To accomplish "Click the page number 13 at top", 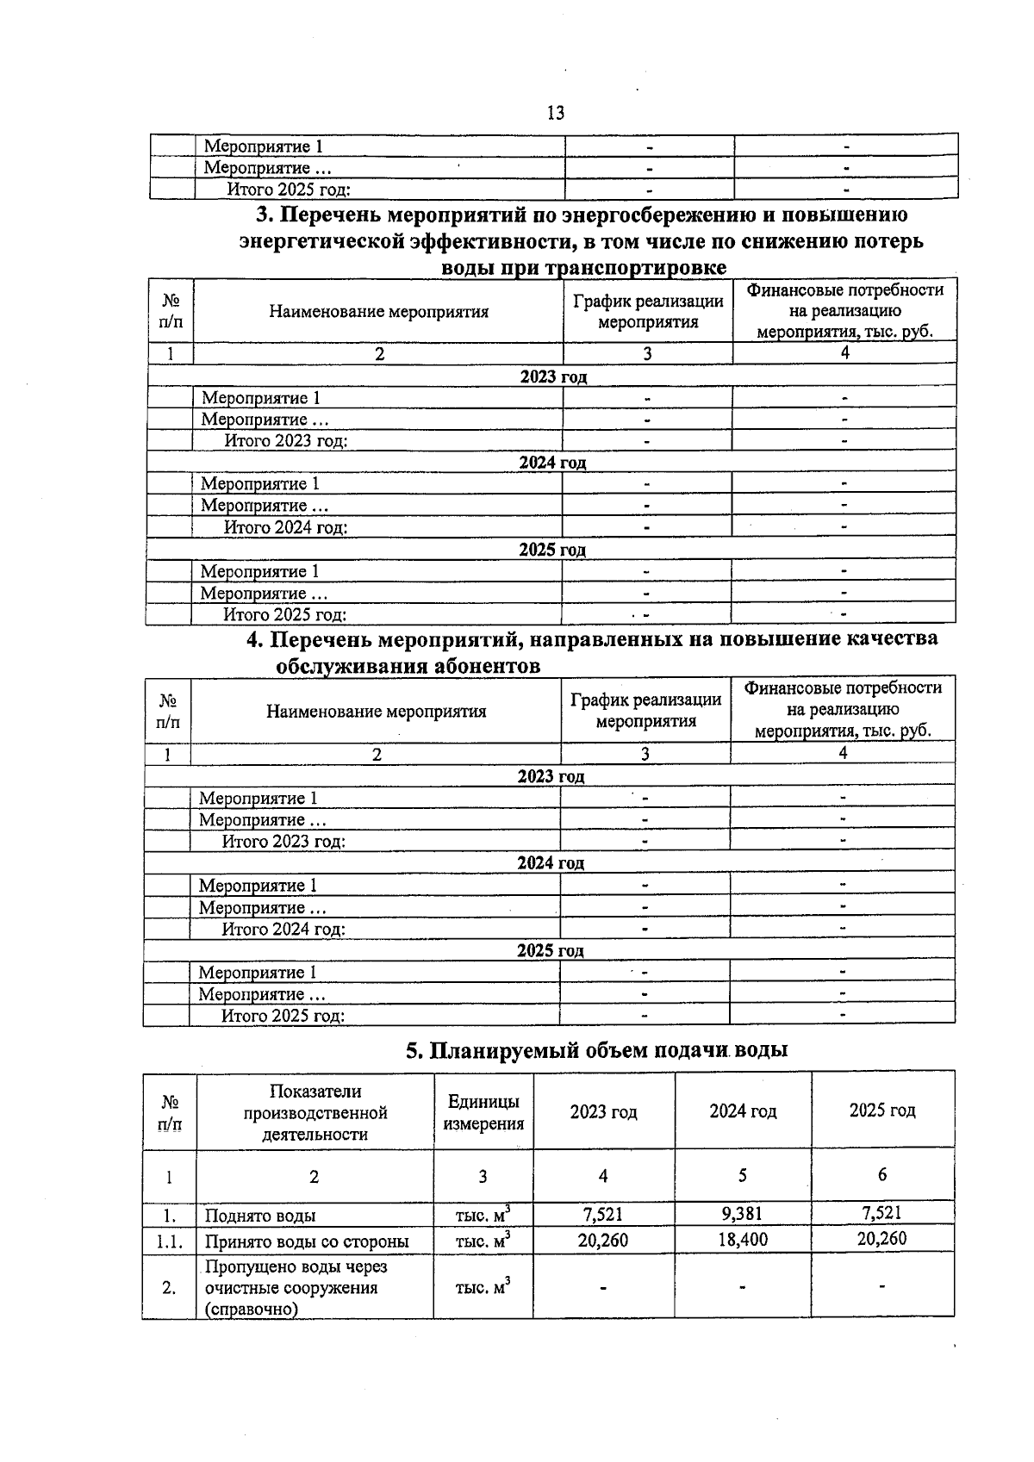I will [555, 113].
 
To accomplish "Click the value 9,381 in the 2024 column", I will [742, 1214].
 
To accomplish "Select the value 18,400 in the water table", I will [742, 1239].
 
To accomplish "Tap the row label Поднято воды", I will [260, 1216].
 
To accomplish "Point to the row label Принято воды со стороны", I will [306, 1241].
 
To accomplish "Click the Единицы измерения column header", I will [483, 1112].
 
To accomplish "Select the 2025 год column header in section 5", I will [881, 1110].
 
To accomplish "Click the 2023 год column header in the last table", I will [603, 1111].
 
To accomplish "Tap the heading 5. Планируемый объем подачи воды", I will [597, 1050].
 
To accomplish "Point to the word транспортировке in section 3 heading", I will [643, 267].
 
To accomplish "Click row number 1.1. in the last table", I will [169, 1241].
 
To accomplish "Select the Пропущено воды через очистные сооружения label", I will [296, 1288].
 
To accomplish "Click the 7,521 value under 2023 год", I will [602, 1214].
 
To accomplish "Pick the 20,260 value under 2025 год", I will [881, 1239].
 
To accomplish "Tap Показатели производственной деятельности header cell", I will [315, 1112].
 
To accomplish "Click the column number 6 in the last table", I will [881, 1174].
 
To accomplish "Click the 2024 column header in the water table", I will [742, 1111].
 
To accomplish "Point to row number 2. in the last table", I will [169, 1288].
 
